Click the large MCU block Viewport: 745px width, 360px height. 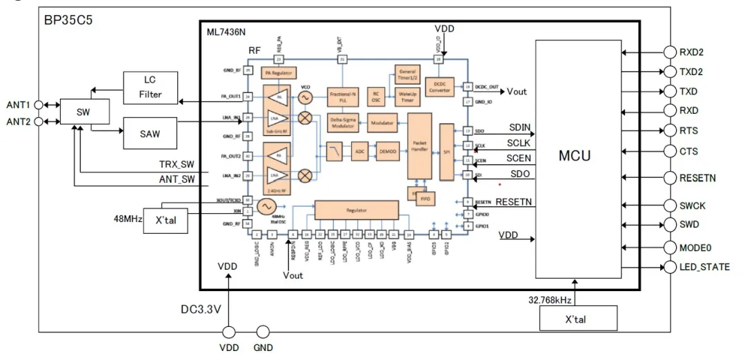pyautogui.click(x=575, y=156)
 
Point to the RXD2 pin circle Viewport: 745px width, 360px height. pyautogui.click(x=670, y=52)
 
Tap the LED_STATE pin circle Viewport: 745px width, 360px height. pyautogui.click(x=670, y=267)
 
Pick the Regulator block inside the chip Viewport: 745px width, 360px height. pyautogui.click(x=357, y=209)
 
